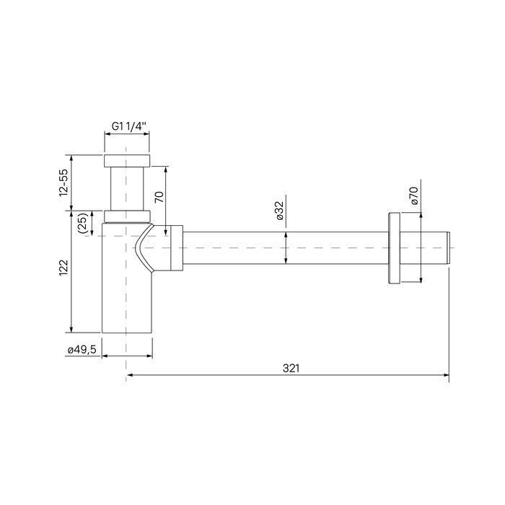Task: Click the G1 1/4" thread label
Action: tap(129, 126)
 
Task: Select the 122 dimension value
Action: tap(63, 268)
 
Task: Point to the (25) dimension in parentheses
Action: tap(83, 223)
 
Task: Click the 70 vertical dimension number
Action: tap(159, 196)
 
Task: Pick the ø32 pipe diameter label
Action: tap(280, 211)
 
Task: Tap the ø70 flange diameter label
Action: tap(414, 196)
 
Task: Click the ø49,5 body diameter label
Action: tap(82, 350)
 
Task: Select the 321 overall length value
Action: tap(291, 368)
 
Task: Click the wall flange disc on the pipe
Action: tap(394, 248)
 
